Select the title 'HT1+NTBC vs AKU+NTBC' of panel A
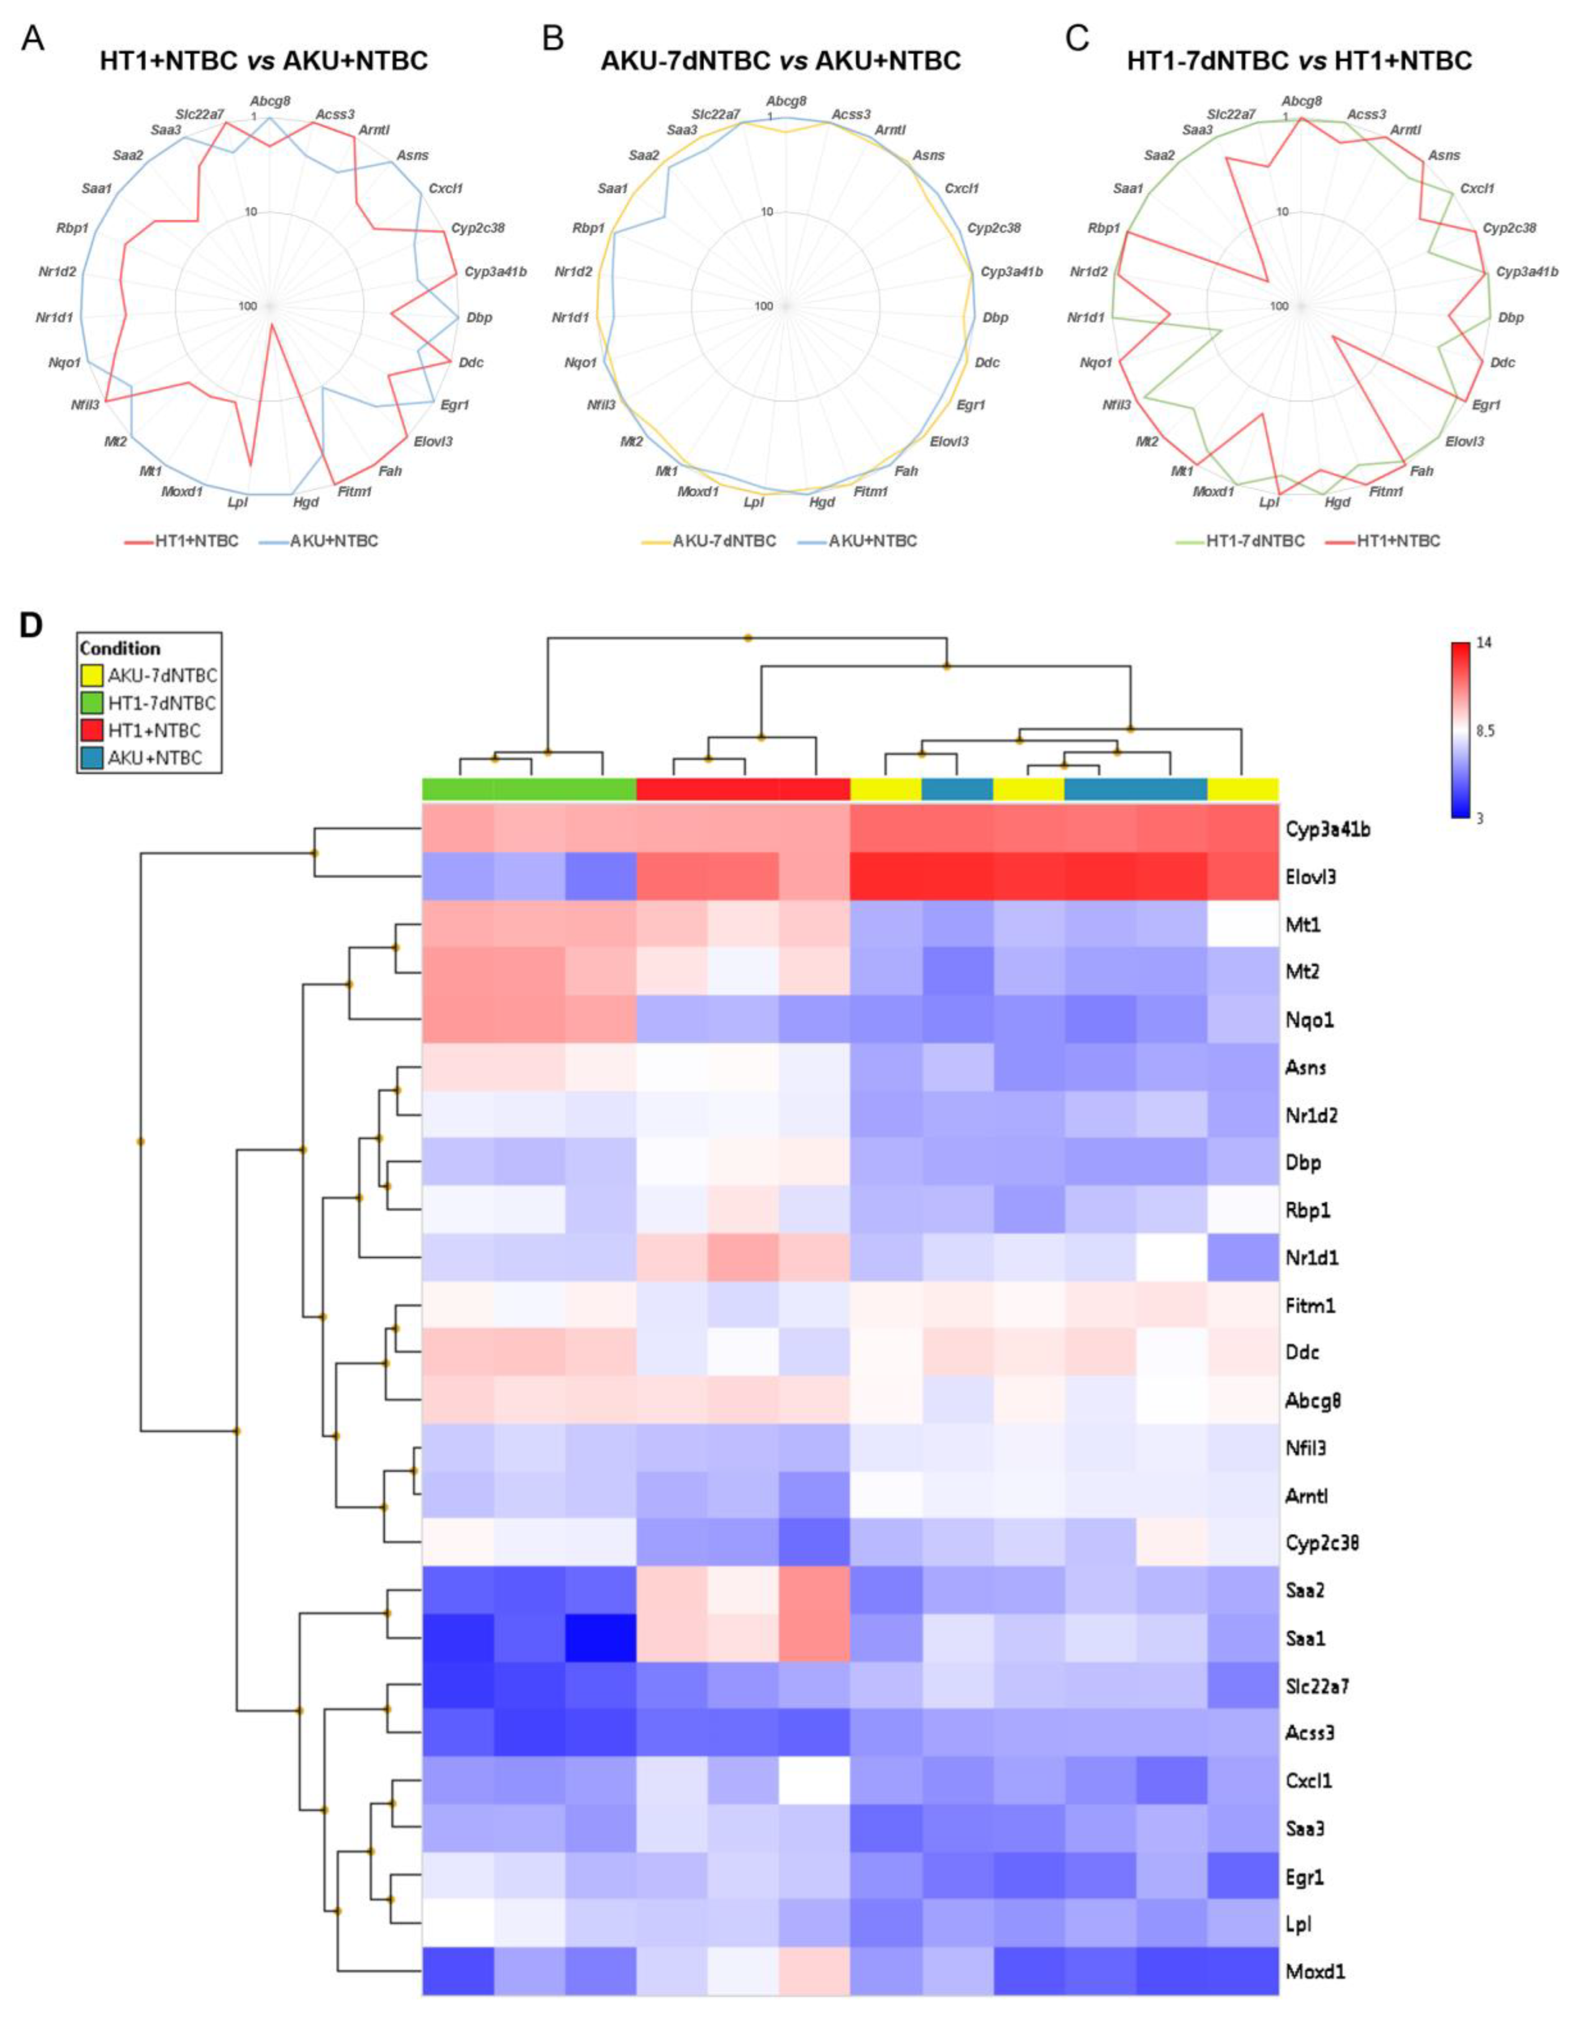click(x=263, y=62)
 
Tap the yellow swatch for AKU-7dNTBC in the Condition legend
click(x=91, y=675)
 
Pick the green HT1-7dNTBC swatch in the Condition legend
click(x=91, y=703)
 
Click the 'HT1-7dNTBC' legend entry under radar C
click(x=1255, y=541)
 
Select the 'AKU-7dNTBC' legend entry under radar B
click(x=724, y=541)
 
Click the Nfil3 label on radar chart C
click(x=1116, y=405)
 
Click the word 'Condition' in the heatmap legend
click(x=120, y=648)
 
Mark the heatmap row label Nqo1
click(x=1309, y=1019)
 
